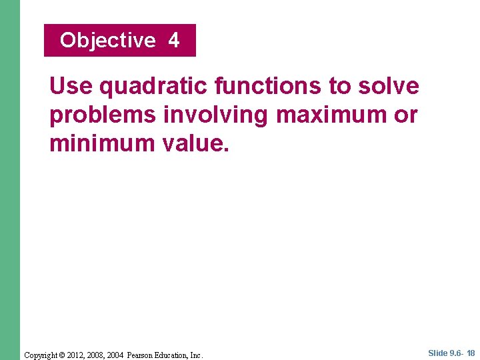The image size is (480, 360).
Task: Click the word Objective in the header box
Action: pyautogui.click(x=107, y=41)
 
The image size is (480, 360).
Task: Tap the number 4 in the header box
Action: pyautogui.click(x=174, y=41)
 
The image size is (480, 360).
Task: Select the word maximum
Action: pyautogui.click(x=330, y=115)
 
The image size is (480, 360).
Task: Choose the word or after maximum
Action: pyautogui.click(x=405, y=115)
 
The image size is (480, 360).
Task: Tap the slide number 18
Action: pyautogui.click(x=471, y=353)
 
